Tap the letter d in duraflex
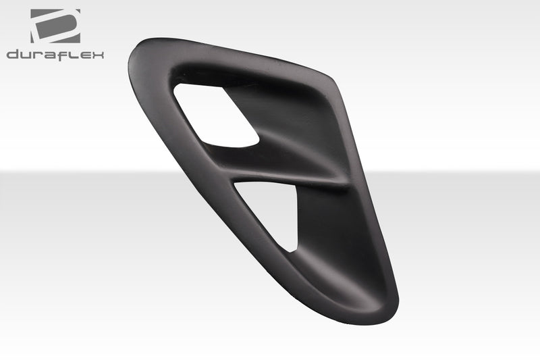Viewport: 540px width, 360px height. click(12, 54)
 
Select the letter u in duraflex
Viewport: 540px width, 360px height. click(26, 54)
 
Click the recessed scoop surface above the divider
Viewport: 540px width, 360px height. click(297, 128)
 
